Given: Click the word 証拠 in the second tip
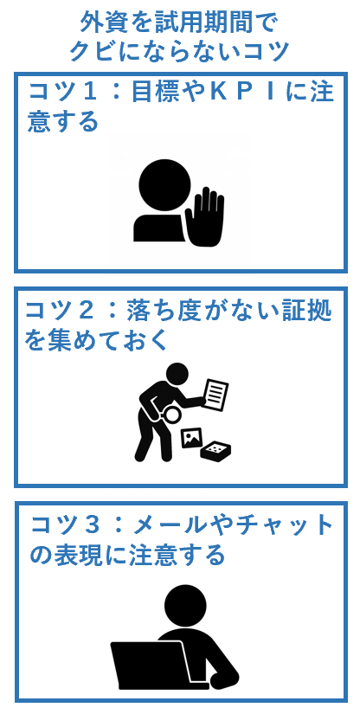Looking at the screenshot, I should point(308,309).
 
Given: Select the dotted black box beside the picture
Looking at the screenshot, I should point(215,450).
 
